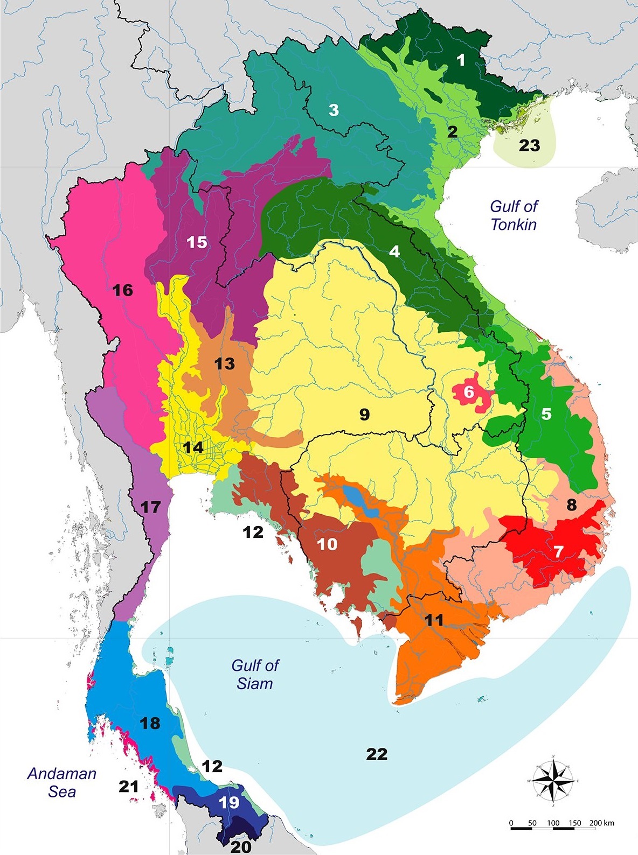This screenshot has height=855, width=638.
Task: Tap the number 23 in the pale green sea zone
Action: pyautogui.click(x=529, y=145)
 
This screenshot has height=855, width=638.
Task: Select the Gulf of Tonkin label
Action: pyautogui.click(x=514, y=215)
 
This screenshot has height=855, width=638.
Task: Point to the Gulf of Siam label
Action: pyautogui.click(x=255, y=674)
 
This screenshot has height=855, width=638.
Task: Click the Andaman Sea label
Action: pyautogui.click(x=61, y=782)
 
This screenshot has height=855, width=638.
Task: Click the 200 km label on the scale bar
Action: pyautogui.click(x=601, y=823)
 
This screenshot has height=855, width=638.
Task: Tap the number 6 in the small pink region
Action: pyautogui.click(x=469, y=392)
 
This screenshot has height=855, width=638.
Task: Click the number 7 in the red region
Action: pyautogui.click(x=558, y=551)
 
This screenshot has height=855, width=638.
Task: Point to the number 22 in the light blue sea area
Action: pyautogui.click(x=377, y=754)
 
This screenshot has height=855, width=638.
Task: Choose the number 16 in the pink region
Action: pyautogui.click(x=122, y=291)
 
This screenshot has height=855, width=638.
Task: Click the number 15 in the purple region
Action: pyautogui.click(x=197, y=242)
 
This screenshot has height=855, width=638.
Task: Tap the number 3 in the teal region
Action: pyautogui.click(x=334, y=110)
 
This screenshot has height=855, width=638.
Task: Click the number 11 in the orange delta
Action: pyautogui.click(x=434, y=620)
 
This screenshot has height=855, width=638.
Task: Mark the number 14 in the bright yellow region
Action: pyautogui.click(x=192, y=447)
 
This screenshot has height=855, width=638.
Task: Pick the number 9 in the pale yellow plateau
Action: pyautogui.click(x=364, y=414)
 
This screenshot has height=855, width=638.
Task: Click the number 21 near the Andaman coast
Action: pyautogui.click(x=129, y=787)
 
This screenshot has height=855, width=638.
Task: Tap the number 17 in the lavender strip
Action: pyautogui.click(x=150, y=507)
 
